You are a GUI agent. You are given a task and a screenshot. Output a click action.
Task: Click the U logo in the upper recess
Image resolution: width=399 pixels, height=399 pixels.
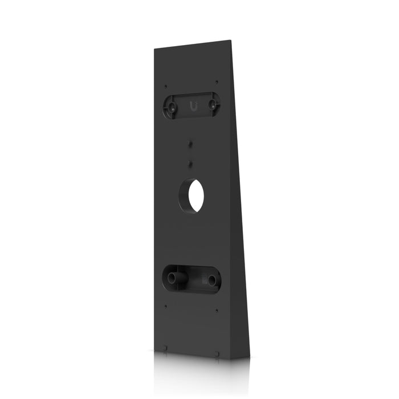tap(193, 105)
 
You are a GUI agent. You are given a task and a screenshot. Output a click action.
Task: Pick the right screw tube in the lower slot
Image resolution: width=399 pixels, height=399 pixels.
tap(211, 280)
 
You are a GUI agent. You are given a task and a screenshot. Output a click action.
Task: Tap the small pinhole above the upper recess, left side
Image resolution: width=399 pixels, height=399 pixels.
tap(166, 86)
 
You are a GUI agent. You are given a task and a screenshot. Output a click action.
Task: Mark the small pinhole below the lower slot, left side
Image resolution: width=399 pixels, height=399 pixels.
tap(165, 306)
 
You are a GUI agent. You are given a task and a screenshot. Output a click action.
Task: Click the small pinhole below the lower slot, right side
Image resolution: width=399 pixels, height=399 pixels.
tap(217, 311)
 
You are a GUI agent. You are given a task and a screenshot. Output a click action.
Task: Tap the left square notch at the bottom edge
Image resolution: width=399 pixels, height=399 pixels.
tap(164, 348)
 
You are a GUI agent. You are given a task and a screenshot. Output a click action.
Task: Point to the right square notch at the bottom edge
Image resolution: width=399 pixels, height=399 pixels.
tap(217, 353)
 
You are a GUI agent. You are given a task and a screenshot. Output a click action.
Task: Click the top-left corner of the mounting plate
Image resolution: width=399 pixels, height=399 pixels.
tap(154, 49)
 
